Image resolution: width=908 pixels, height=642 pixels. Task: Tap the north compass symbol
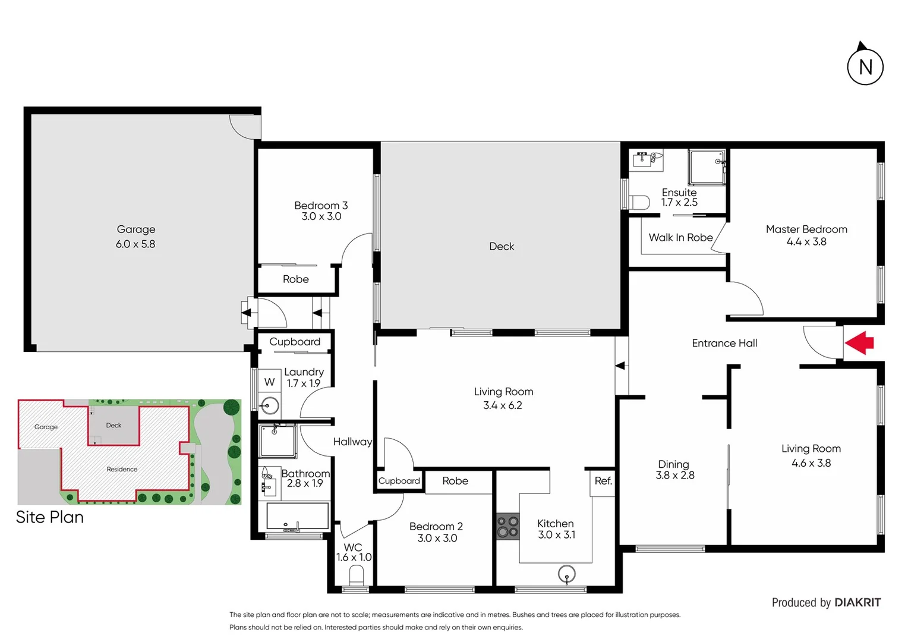click(x=865, y=65)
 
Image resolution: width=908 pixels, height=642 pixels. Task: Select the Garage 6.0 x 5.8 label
click(x=135, y=237)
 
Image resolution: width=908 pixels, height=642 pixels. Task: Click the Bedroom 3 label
click(x=321, y=206)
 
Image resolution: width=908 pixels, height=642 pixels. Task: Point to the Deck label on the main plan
click(x=502, y=247)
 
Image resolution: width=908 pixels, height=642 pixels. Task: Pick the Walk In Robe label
click(x=680, y=238)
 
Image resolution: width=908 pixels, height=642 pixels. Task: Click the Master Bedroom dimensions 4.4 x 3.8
click(x=806, y=242)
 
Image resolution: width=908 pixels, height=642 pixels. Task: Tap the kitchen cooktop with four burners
click(x=507, y=527)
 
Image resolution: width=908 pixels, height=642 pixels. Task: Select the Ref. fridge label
click(x=603, y=481)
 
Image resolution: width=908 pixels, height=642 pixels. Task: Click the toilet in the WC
click(x=356, y=575)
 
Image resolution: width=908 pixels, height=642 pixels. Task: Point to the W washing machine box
click(x=269, y=382)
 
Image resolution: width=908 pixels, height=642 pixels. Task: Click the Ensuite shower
click(x=707, y=167)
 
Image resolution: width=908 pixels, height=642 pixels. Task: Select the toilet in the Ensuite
click(x=639, y=203)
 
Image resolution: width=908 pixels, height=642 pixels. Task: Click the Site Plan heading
click(x=50, y=517)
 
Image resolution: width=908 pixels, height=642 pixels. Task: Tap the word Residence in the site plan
click(x=122, y=469)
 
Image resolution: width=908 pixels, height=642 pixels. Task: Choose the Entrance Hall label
click(x=724, y=344)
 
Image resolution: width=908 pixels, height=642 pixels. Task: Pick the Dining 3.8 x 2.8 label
click(x=674, y=470)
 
